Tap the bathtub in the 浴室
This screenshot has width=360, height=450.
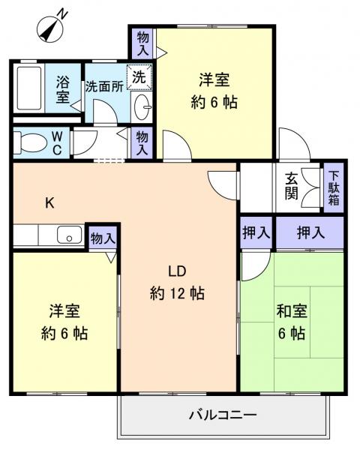29,88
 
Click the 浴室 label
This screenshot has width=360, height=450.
63,88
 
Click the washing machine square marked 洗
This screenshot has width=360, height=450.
141,76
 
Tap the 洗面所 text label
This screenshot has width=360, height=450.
104,86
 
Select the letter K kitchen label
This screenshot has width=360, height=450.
49,202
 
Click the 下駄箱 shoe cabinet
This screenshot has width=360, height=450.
334,189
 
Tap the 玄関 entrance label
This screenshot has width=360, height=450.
292,188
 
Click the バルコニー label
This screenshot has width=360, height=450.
223,415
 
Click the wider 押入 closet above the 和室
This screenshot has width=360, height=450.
310,232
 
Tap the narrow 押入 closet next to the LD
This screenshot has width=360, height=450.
256,232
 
